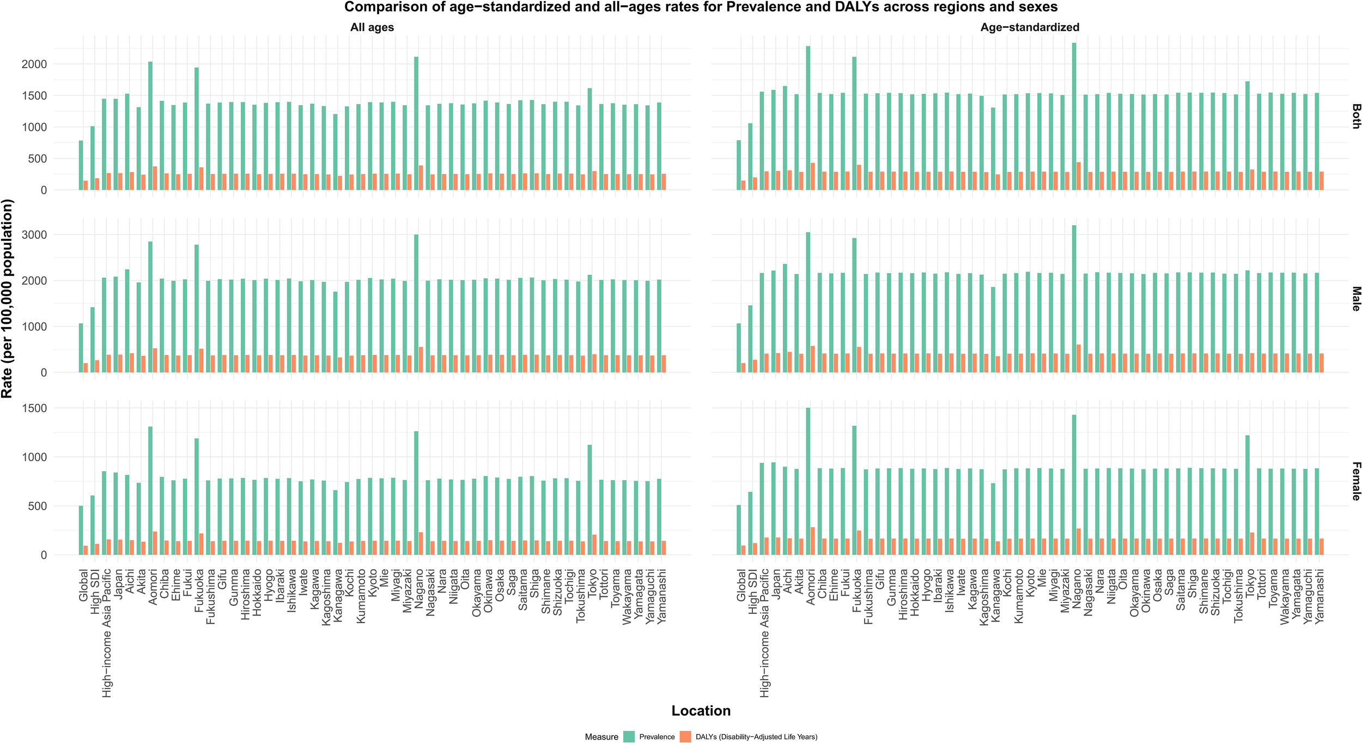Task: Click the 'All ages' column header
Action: pos(372,27)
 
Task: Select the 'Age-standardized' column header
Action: pos(1029,27)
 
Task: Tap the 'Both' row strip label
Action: pos(1355,116)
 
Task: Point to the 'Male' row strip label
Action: pos(1355,299)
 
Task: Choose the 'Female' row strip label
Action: pos(1355,481)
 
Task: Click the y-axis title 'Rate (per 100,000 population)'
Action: pos(7,299)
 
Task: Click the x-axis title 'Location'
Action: pos(701,711)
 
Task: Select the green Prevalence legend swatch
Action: pos(629,736)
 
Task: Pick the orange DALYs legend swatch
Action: pos(685,736)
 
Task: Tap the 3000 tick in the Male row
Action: pos(34,235)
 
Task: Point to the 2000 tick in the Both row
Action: pos(34,64)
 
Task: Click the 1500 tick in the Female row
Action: pos(34,408)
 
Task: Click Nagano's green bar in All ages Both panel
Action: pos(416,124)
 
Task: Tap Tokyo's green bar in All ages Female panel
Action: pos(589,500)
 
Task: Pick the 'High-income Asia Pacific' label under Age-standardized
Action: pos(765,632)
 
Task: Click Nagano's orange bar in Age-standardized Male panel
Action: pos(1079,358)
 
